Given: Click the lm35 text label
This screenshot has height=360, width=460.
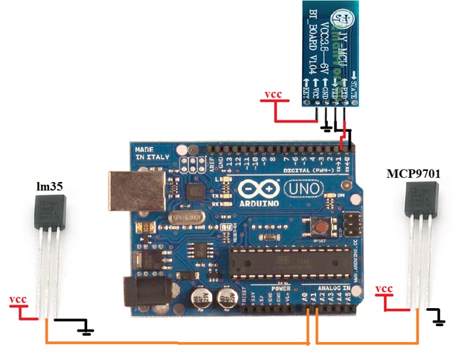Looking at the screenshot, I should click(x=45, y=186).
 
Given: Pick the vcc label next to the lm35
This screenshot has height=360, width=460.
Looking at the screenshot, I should click(x=18, y=300).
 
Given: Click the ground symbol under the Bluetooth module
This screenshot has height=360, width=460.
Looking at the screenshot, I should click(x=327, y=129).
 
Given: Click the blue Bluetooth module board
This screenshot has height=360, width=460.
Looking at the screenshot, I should click(x=329, y=52).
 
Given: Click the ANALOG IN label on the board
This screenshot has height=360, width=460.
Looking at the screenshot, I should click(x=332, y=288).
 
